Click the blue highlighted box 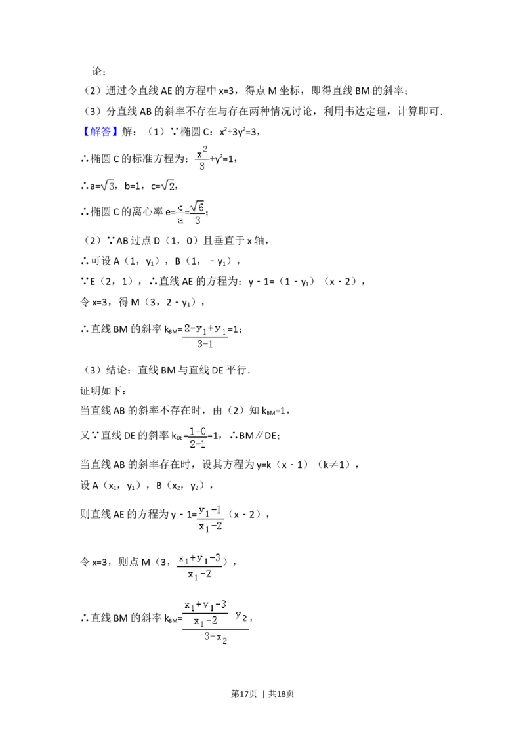point(102,131)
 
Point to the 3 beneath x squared point(202,167)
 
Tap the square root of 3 point(108,186)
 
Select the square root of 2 point(168,186)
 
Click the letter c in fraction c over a point(180,207)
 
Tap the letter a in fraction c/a point(180,221)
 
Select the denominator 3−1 point(205,343)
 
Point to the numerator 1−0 point(198,431)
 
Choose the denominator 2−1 point(198,444)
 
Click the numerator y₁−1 point(210,510)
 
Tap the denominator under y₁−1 point(210,526)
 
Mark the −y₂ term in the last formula point(240,615)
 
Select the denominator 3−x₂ point(215,637)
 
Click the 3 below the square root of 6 point(198,221)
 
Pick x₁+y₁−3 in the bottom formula point(205,605)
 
